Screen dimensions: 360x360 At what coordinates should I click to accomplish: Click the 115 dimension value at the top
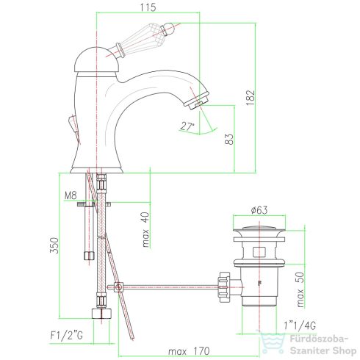[148, 7]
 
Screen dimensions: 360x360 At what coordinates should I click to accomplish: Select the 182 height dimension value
[251, 98]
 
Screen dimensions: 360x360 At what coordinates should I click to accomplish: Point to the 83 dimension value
[229, 139]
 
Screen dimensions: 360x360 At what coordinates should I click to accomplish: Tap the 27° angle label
[187, 126]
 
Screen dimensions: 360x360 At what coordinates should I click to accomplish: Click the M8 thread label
[71, 195]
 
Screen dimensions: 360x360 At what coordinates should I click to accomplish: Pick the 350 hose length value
[54, 245]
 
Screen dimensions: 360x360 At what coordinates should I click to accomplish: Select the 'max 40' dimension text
[145, 229]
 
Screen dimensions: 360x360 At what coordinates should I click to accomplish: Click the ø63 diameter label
[259, 210]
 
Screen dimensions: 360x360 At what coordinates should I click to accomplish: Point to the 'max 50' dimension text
[300, 289]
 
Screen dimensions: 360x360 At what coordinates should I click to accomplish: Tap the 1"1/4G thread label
[300, 325]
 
